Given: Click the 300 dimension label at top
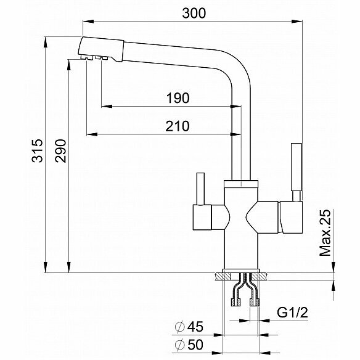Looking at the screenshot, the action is click(194, 13).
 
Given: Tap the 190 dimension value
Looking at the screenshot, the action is click(178, 98).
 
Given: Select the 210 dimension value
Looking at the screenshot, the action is click(178, 126).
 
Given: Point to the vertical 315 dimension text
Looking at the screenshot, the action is click(37, 150).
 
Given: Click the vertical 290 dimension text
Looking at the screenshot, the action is click(60, 150).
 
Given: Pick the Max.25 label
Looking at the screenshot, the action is click(325, 232).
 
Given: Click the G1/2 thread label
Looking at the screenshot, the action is click(292, 313).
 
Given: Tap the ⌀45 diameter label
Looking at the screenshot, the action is click(189, 327).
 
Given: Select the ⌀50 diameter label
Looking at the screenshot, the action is click(189, 345).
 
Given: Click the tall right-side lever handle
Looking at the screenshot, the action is click(297, 167).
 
